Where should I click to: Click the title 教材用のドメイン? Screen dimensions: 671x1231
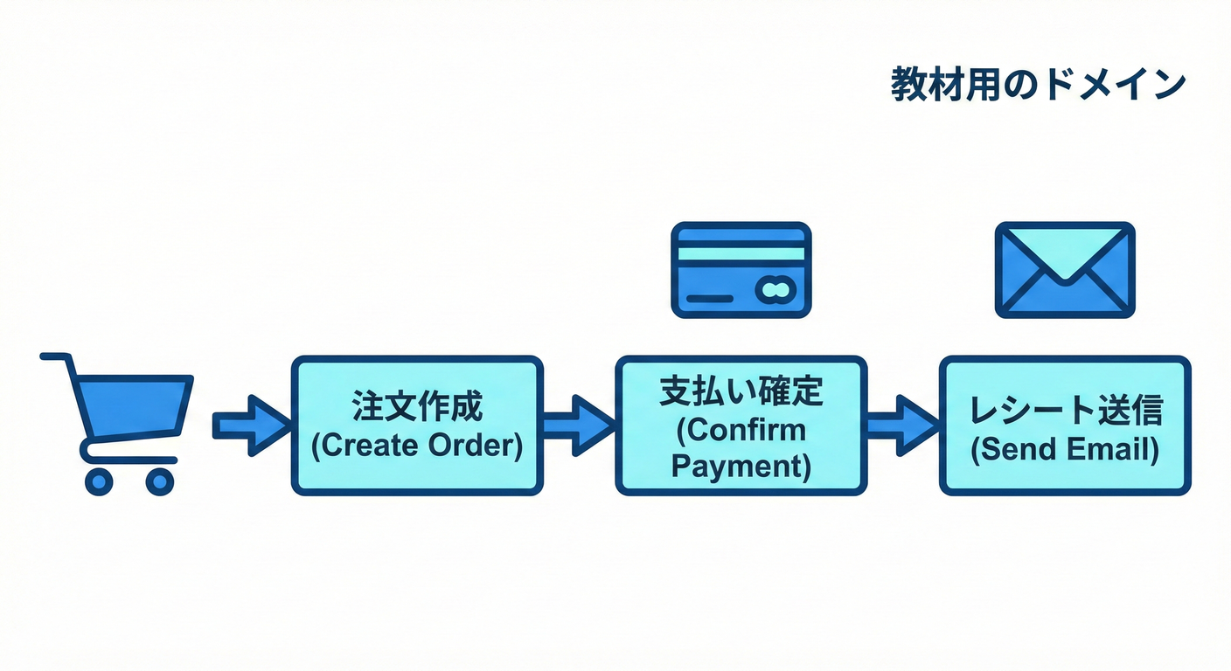(x=1038, y=86)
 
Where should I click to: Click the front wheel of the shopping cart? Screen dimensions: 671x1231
(x=159, y=481)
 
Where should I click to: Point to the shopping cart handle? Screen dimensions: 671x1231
(x=55, y=356)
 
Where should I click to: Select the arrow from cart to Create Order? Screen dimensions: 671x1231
(x=251, y=425)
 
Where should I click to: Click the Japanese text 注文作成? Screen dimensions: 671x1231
(x=416, y=409)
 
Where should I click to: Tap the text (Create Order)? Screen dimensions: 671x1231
(x=416, y=446)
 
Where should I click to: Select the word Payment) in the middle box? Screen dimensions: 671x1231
(x=741, y=465)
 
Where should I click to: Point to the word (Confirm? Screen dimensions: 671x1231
(x=741, y=429)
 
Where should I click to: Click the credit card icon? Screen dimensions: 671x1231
(x=741, y=269)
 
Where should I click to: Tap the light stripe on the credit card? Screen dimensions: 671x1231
(x=741, y=253)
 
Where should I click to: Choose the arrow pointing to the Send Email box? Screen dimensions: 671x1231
(x=902, y=425)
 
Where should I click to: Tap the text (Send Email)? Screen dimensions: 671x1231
(x=1065, y=449)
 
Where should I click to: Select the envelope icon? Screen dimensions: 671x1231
(x=1065, y=269)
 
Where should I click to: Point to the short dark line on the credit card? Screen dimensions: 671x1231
(x=710, y=299)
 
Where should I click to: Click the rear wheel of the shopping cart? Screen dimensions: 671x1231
(x=99, y=481)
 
